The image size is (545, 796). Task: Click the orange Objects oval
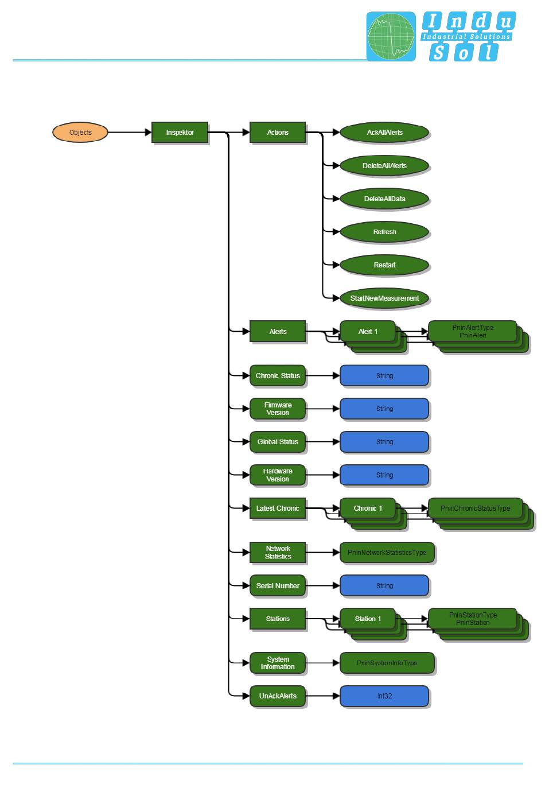(80, 133)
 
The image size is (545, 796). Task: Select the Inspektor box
(180, 133)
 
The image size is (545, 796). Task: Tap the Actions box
(278, 133)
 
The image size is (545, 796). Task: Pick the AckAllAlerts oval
(384, 133)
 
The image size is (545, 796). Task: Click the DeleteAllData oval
(384, 199)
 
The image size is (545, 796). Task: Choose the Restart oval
(384, 265)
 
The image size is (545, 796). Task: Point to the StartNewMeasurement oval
(384, 298)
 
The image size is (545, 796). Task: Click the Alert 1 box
(368, 331)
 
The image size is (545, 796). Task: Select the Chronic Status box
(278, 376)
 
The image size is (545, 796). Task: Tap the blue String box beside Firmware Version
(384, 409)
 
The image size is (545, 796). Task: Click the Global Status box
(278, 442)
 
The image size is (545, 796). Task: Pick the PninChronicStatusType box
(475, 508)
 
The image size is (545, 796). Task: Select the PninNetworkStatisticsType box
(387, 553)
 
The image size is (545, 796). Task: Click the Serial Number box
(278, 586)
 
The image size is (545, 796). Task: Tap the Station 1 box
(368, 619)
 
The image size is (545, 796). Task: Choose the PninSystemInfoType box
(387, 663)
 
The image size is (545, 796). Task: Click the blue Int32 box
(384, 696)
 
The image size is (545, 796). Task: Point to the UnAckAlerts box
(278, 696)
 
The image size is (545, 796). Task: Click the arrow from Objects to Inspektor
(130, 133)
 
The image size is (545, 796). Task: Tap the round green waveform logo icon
(391, 37)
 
